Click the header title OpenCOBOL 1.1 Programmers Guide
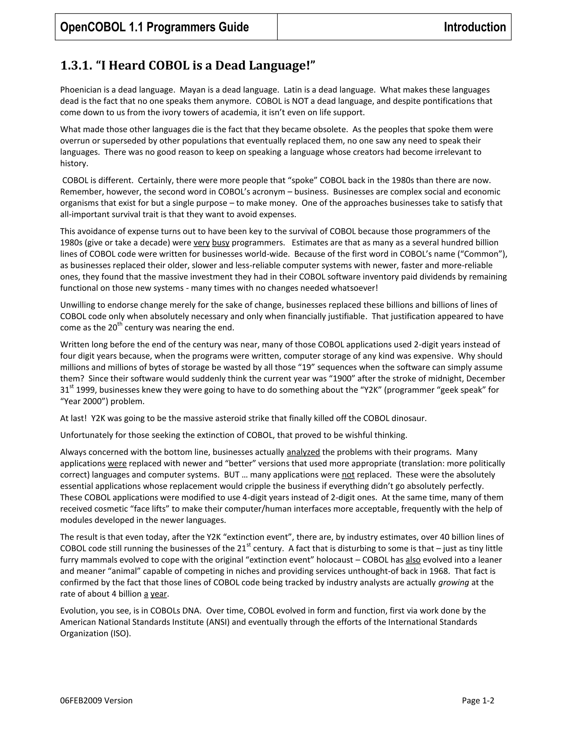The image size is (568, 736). click(x=154, y=27)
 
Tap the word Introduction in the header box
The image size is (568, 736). click(x=475, y=27)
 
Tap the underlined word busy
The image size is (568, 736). click(x=220, y=243)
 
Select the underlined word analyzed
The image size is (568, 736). click(x=303, y=452)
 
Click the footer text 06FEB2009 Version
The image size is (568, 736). click(x=96, y=701)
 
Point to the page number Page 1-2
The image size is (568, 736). click(x=478, y=701)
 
